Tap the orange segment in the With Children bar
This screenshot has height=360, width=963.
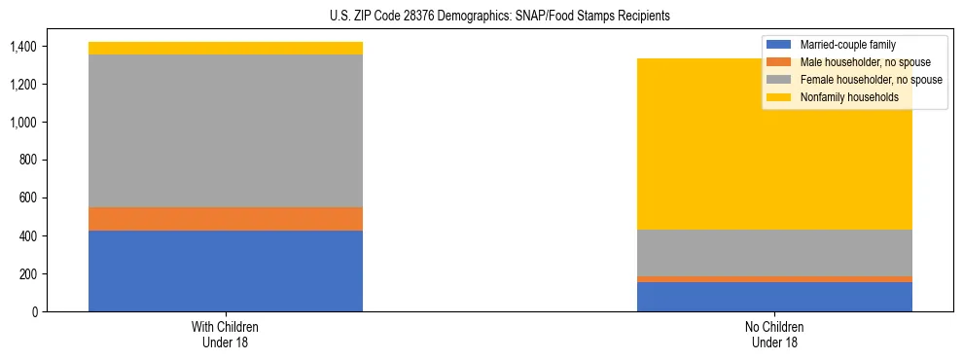pyautogui.click(x=226, y=219)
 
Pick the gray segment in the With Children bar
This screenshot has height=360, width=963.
pyautogui.click(x=226, y=130)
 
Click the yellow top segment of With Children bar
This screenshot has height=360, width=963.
pyautogui.click(x=226, y=48)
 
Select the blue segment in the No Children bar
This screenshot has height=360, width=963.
pyautogui.click(x=774, y=297)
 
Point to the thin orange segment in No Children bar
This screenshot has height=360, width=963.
pyautogui.click(x=774, y=279)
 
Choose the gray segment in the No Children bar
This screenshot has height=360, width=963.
pyautogui.click(x=774, y=253)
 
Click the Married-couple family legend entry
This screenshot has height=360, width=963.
pyautogui.click(x=847, y=45)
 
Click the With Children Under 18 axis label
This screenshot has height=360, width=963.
pyautogui.click(x=226, y=334)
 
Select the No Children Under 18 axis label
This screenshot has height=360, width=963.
pyautogui.click(x=774, y=334)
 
